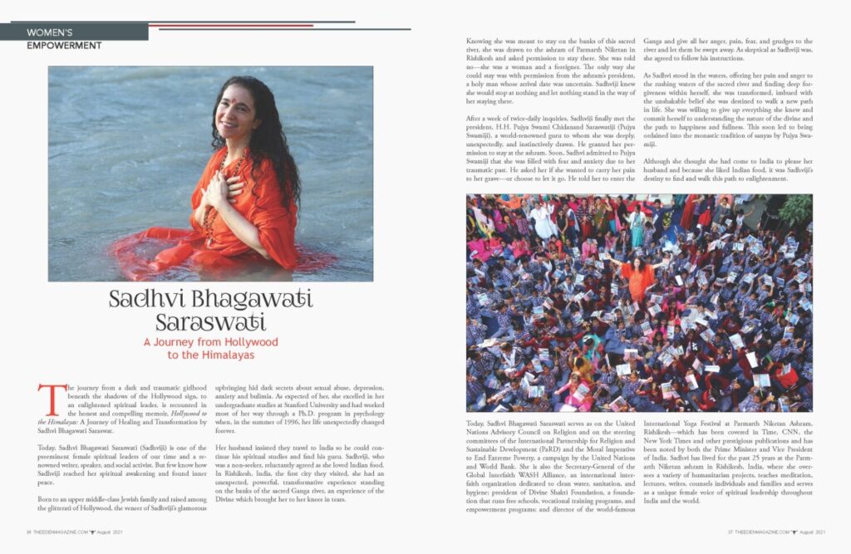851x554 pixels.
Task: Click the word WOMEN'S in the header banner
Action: (x=48, y=32)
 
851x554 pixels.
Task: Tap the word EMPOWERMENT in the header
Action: (x=64, y=46)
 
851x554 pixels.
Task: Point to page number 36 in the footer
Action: (x=28, y=532)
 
